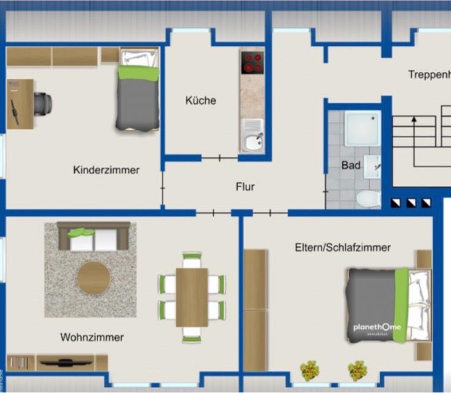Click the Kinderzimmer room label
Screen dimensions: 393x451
tap(106, 170)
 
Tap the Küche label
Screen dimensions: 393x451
tap(200, 100)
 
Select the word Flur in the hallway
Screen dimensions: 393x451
tap(245, 187)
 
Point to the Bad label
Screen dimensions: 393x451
tap(351, 165)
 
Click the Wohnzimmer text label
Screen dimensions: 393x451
tap(92, 337)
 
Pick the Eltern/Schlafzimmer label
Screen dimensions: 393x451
tap(342, 247)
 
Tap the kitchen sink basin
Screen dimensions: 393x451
tap(252, 142)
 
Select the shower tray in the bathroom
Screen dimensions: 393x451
tap(362, 129)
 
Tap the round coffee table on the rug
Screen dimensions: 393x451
tap(94, 279)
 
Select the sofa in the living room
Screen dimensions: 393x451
tap(94, 236)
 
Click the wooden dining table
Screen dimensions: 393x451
tap(192, 297)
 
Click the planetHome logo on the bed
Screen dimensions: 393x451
tap(376, 327)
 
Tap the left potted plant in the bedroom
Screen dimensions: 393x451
tap(309, 370)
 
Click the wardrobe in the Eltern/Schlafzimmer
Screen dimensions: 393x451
tap(255, 310)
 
